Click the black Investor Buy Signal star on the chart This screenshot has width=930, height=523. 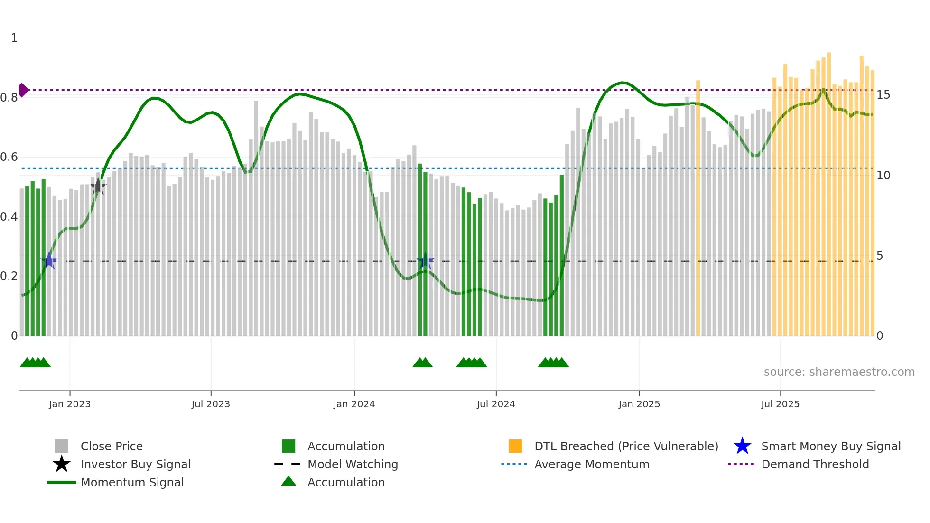(98, 187)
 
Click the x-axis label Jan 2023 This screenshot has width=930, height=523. (70, 404)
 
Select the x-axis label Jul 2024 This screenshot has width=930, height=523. (496, 404)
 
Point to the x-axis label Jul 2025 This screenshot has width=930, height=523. (780, 404)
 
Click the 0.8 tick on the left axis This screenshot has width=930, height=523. (9, 98)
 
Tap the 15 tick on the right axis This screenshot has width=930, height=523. (883, 95)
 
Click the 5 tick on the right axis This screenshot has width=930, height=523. (880, 256)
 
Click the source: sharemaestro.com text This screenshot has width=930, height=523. (839, 372)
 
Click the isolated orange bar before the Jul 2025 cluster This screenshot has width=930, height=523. (698, 209)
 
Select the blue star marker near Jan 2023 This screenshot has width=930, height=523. (49, 261)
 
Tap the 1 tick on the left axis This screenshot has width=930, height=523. (14, 38)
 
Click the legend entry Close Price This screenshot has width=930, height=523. (112, 446)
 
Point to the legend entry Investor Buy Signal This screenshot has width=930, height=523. (135, 464)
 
